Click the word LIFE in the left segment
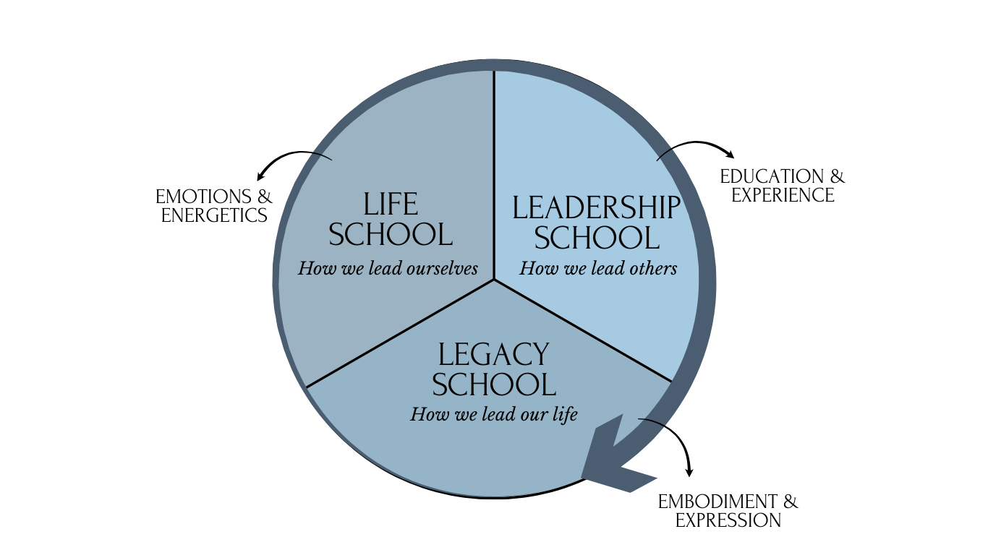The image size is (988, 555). coord(391,205)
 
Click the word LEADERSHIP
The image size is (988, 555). coord(596,208)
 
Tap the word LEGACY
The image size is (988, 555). coord(494,355)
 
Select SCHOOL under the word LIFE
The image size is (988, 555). coord(391,235)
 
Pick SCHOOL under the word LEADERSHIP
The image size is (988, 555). coord(597,238)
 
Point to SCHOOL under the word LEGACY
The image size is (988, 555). coord(494,384)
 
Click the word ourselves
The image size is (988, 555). coord(442,268)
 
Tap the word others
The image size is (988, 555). coord(652,268)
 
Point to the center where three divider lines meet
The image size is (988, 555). coord(494,279)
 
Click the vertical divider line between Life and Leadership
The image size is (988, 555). coord(494,173)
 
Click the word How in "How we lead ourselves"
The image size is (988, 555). coord(314,268)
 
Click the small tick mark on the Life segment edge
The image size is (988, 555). coord(322,156)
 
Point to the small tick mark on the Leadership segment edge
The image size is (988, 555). coord(665,154)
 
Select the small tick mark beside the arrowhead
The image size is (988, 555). coord(652,421)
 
